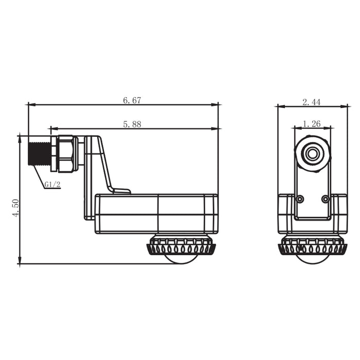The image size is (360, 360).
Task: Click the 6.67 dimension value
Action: click(x=132, y=100)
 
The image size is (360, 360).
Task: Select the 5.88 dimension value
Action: click(x=132, y=124)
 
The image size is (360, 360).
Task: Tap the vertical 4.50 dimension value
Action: click(x=15, y=208)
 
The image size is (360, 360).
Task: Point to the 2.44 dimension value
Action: click(x=312, y=102)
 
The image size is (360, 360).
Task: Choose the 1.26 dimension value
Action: click(x=312, y=123)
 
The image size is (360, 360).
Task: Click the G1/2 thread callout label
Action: click(x=52, y=184)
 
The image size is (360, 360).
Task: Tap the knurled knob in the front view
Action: click(x=312, y=246)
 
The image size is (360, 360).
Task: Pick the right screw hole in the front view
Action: click(x=325, y=199)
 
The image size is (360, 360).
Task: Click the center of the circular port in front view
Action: click(x=312, y=153)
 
